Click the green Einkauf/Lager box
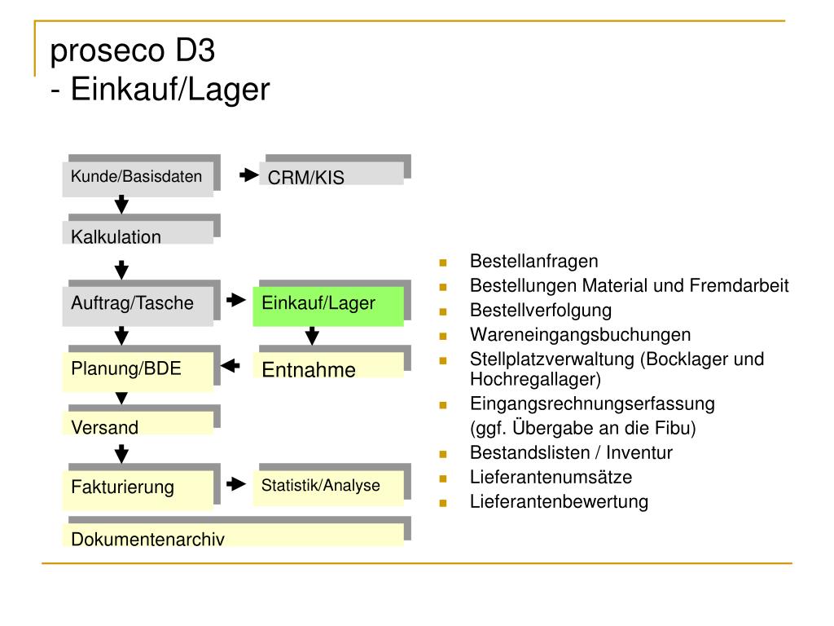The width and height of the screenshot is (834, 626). point(328,306)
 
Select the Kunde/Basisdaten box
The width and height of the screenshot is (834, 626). point(138,179)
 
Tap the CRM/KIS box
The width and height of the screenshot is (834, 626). point(331,174)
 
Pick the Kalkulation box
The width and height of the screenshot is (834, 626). point(138,232)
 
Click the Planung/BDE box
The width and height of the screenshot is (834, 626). point(138,372)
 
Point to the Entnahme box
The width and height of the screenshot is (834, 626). point(331,365)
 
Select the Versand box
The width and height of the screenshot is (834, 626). point(138,423)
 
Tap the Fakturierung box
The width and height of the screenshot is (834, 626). point(138,490)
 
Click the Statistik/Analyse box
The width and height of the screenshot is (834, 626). point(328,488)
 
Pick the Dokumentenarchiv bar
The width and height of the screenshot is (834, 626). point(233,535)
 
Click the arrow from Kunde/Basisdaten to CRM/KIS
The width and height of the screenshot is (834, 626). point(248,174)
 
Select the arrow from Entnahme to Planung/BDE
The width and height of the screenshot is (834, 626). point(230,366)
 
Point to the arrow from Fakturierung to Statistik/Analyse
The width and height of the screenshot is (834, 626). point(235,484)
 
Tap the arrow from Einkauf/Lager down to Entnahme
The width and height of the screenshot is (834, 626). point(312,335)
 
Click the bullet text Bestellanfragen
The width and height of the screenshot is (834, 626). point(534,262)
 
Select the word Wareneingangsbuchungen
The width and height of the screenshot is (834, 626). point(580,335)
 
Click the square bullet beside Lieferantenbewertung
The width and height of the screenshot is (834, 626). point(443,503)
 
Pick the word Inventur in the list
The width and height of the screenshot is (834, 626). point(639,453)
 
